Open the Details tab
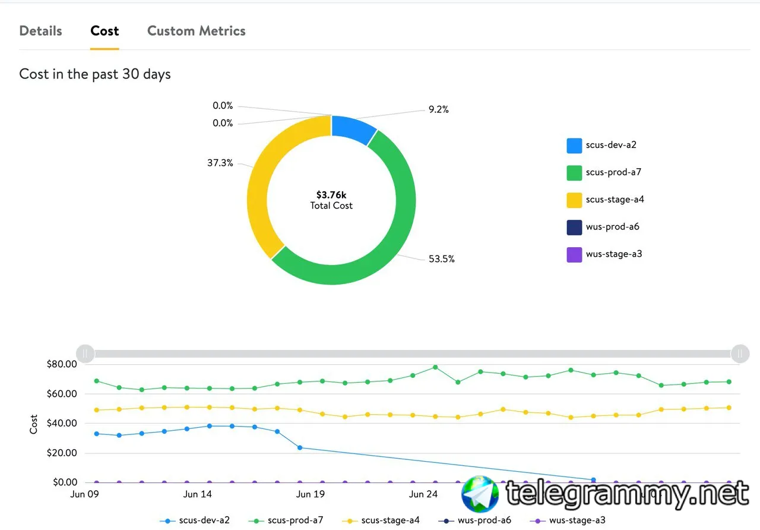coord(41,31)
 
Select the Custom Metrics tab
coord(196,31)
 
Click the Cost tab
coord(104,31)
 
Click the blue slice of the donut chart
coord(353,128)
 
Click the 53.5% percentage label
coord(441,259)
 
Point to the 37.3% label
coord(220,163)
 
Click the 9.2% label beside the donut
coord(438,109)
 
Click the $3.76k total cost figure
coord(331,195)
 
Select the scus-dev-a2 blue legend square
coord(574,146)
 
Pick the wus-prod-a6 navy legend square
coord(574,227)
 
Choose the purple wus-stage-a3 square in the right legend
coord(574,255)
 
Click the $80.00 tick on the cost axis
coord(62,364)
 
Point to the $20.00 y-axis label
coord(62,453)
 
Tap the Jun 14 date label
coord(198,494)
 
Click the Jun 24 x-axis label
coord(423,494)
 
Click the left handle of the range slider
coord(85,354)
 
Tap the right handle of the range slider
coord(740,354)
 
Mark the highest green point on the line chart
coord(435,367)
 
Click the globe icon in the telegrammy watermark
coord(480,494)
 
